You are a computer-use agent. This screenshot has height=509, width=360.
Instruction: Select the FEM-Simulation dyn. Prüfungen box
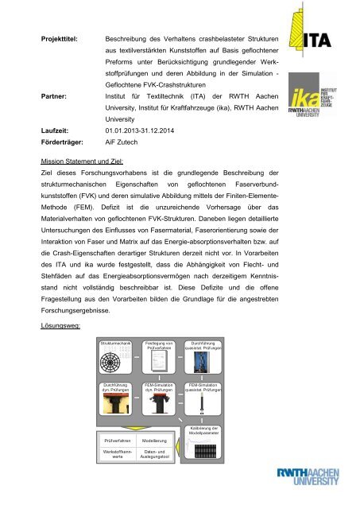(x=161, y=406)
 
